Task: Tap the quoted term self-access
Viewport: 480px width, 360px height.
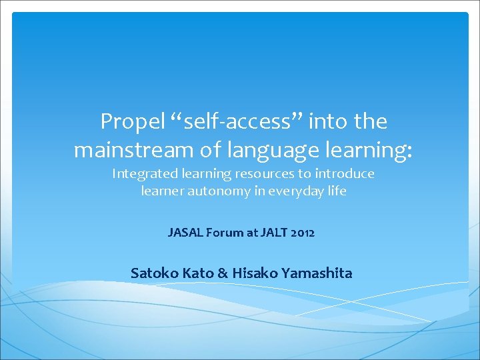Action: (x=237, y=121)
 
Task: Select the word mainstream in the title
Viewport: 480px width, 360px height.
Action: (x=134, y=150)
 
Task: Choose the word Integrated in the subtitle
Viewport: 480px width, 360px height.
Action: (x=145, y=174)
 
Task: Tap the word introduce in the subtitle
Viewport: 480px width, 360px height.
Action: (x=345, y=173)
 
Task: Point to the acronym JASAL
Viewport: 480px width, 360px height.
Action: (x=185, y=233)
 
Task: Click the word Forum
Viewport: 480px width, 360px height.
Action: (x=225, y=233)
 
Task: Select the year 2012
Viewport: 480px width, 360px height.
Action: (x=303, y=233)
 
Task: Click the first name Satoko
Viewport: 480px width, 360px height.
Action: (x=154, y=273)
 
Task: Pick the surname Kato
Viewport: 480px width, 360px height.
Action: (x=198, y=273)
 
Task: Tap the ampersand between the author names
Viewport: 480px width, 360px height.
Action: (x=223, y=273)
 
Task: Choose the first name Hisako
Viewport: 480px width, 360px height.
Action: (x=255, y=273)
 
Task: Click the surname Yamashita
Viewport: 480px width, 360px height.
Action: (x=317, y=273)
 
